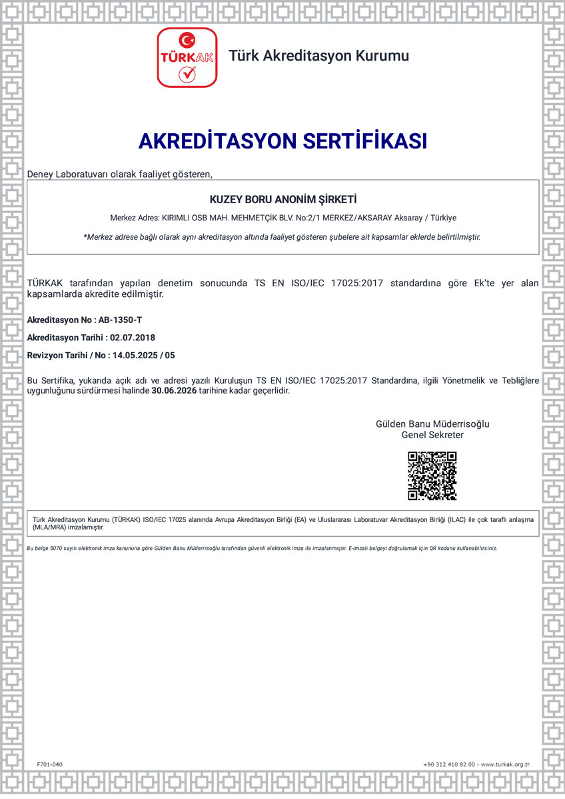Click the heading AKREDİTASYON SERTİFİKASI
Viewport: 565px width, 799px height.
tap(282, 141)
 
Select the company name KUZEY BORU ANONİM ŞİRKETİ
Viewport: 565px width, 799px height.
tap(283, 199)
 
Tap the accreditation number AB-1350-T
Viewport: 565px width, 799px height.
tap(120, 320)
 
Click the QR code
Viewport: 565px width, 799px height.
tap(432, 475)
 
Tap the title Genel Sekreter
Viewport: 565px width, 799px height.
tap(432, 435)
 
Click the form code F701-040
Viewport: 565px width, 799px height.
tap(49, 764)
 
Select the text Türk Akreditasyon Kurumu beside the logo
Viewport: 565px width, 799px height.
tap(318, 56)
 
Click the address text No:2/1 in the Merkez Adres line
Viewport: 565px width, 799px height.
tap(314, 218)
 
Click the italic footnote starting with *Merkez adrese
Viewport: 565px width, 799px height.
tap(282, 236)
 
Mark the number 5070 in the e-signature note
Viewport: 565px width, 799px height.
tap(56, 548)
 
